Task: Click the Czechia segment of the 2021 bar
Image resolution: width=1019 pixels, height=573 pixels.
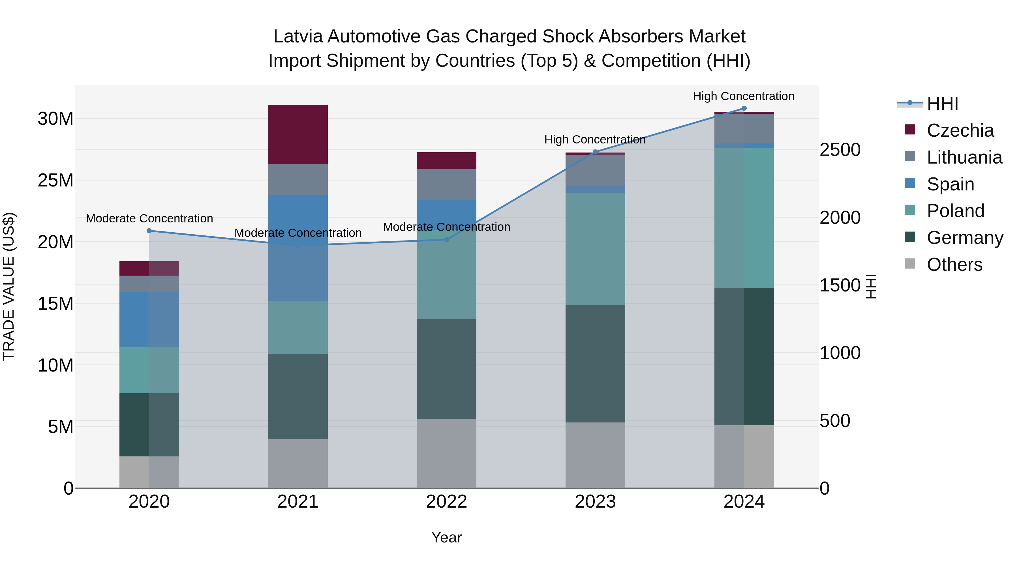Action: (297, 134)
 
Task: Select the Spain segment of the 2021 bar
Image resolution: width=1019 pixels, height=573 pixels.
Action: (297, 248)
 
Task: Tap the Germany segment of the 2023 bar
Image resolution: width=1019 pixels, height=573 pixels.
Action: (595, 364)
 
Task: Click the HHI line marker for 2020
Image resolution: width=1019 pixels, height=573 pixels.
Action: (149, 231)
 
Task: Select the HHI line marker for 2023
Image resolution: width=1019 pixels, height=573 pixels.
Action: (595, 152)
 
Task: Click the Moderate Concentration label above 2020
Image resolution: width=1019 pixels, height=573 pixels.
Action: (149, 218)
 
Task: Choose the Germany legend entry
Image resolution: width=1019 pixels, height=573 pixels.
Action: (964, 238)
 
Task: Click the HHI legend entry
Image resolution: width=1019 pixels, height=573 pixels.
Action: (942, 104)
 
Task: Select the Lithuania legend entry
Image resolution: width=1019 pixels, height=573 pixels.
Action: (964, 157)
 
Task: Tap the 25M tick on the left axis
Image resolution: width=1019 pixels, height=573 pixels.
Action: (55, 180)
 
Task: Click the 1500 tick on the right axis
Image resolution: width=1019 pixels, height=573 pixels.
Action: (840, 285)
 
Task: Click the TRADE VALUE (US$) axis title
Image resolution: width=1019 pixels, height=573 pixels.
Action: (9, 286)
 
